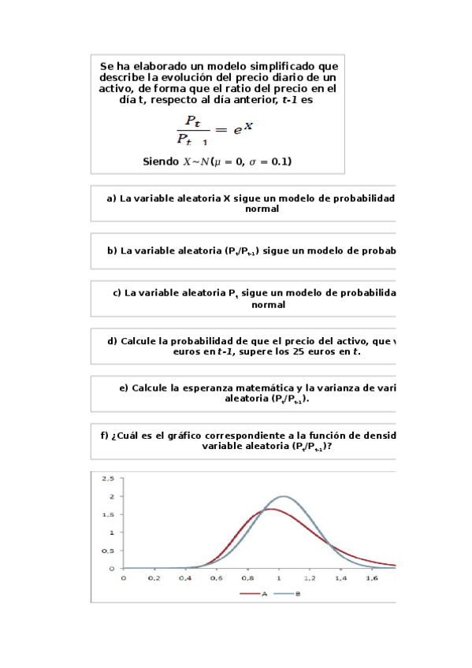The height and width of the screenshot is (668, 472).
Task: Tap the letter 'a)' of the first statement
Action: [x=111, y=199]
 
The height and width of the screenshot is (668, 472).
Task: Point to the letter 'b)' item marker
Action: [x=111, y=251]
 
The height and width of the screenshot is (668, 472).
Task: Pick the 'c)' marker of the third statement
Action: [x=117, y=293]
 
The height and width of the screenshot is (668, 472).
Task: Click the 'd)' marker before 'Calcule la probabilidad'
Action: [x=111, y=341]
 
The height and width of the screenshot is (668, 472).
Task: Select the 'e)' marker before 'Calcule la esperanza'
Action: [x=124, y=388]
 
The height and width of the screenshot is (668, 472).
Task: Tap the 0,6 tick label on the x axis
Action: [x=217, y=577]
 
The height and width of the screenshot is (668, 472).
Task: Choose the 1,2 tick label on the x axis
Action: [x=310, y=577]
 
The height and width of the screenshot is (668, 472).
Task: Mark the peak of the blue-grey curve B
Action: [x=284, y=496]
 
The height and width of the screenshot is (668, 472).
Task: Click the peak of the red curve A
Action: [x=269, y=509]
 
